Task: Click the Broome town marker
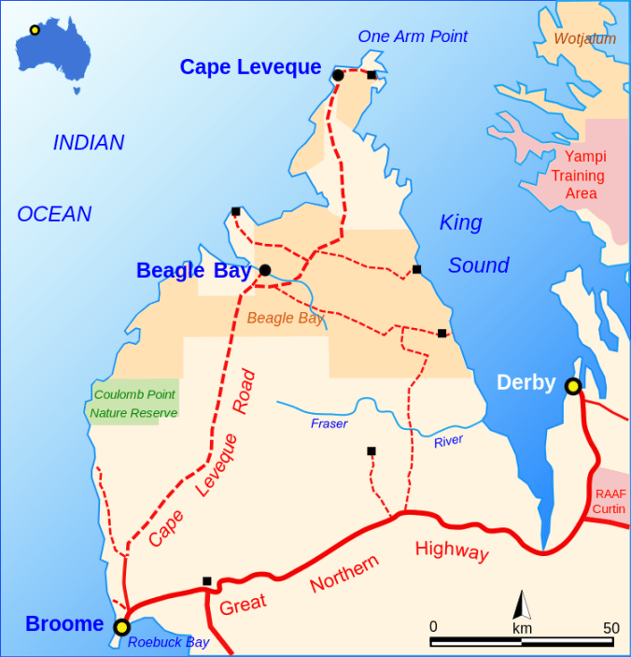[x=121, y=627]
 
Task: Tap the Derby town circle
[x=573, y=386]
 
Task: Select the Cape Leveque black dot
[x=338, y=75]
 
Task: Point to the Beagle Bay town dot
[x=265, y=270]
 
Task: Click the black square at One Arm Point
[x=372, y=75]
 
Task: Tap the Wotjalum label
[x=585, y=39]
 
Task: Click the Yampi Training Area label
[x=578, y=176]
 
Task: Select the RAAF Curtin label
[x=610, y=501]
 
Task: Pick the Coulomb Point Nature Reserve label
[x=134, y=404]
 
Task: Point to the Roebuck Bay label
[x=169, y=642]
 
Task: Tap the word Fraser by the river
[x=329, y=424]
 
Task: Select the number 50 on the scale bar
[x=610, y=628]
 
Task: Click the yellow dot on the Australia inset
[x=35, y=30]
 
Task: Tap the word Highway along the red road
[x=452, y=550]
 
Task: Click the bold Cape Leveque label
[x=250, y=67]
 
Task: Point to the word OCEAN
[x=54, y=214]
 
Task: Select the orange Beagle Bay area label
[x=286, y=318]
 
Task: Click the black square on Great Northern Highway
[x=207, y=581]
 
